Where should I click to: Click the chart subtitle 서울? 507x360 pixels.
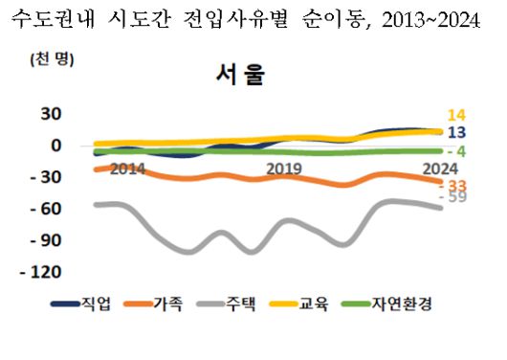click(242, 78)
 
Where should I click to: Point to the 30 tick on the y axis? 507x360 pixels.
click(49, 114)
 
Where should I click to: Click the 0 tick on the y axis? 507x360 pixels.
click(56, 146)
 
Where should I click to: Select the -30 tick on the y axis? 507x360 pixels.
click(47, 177)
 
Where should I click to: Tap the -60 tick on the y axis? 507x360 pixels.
click(47, 209)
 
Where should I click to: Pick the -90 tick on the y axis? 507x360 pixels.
click(47, 240)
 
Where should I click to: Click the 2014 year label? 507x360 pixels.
click(126, 169)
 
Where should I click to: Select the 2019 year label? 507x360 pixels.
click(284, 169)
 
